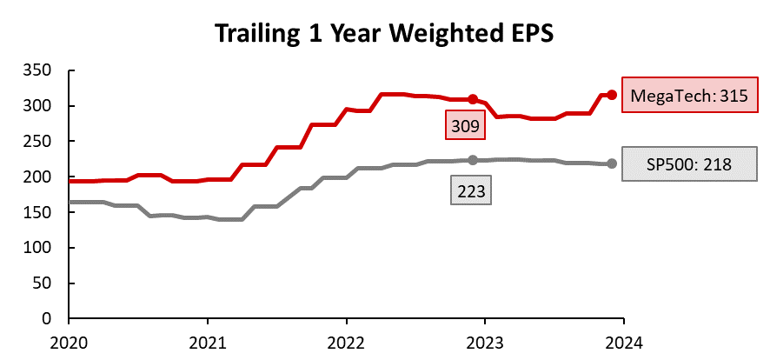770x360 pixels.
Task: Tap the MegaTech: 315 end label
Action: [x=684, y=95]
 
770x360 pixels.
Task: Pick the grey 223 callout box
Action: [x=470, y=190]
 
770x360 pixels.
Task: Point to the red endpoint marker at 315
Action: [x=612, y=95]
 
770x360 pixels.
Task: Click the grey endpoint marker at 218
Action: [x=612, y=163]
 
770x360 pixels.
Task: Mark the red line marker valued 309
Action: [x=473, y=99]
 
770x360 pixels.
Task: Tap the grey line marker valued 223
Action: [x=473, y=160]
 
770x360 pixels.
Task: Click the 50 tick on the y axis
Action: [x=45, y=283]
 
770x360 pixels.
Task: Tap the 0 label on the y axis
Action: [x=50, y=319]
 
